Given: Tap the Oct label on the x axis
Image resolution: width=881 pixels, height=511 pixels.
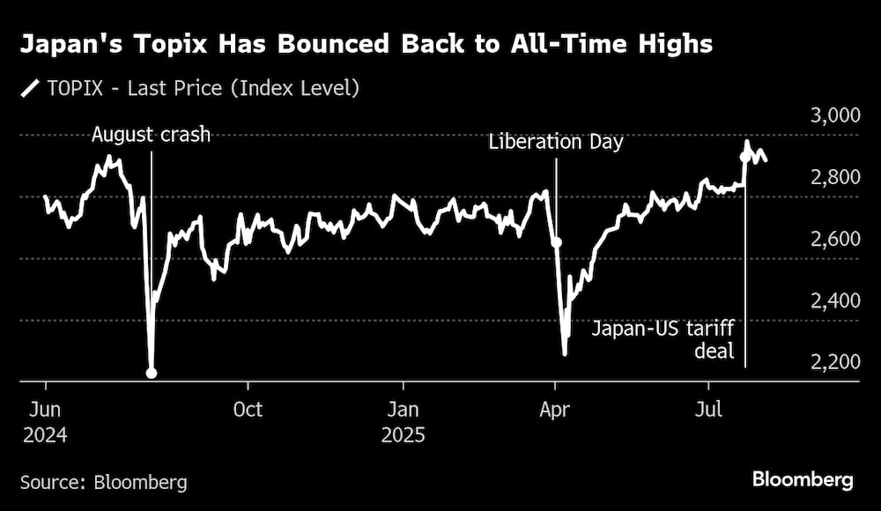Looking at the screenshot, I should click(x=248, y=411).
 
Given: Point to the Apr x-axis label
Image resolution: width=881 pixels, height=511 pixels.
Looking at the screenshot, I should click(x=554, y=411).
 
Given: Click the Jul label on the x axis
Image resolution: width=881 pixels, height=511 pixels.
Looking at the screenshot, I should click(x=709, y=411).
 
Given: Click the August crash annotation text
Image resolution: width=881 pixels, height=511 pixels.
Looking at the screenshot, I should click(x=152, y=135).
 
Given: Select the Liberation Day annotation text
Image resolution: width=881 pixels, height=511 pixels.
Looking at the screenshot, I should click(x=557, y=141).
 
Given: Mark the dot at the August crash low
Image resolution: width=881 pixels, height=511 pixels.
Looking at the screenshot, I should click(x=152, y=373).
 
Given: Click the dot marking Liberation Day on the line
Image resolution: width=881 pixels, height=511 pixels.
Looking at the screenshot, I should click(x=556, y=241).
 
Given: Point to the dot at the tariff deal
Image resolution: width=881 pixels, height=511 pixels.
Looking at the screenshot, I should click(x=745, y=158).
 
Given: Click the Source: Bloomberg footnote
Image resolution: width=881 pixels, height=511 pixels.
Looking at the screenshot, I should click(x=104, y=482).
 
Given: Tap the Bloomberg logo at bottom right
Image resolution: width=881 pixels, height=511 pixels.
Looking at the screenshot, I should click(x=803, y=480).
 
